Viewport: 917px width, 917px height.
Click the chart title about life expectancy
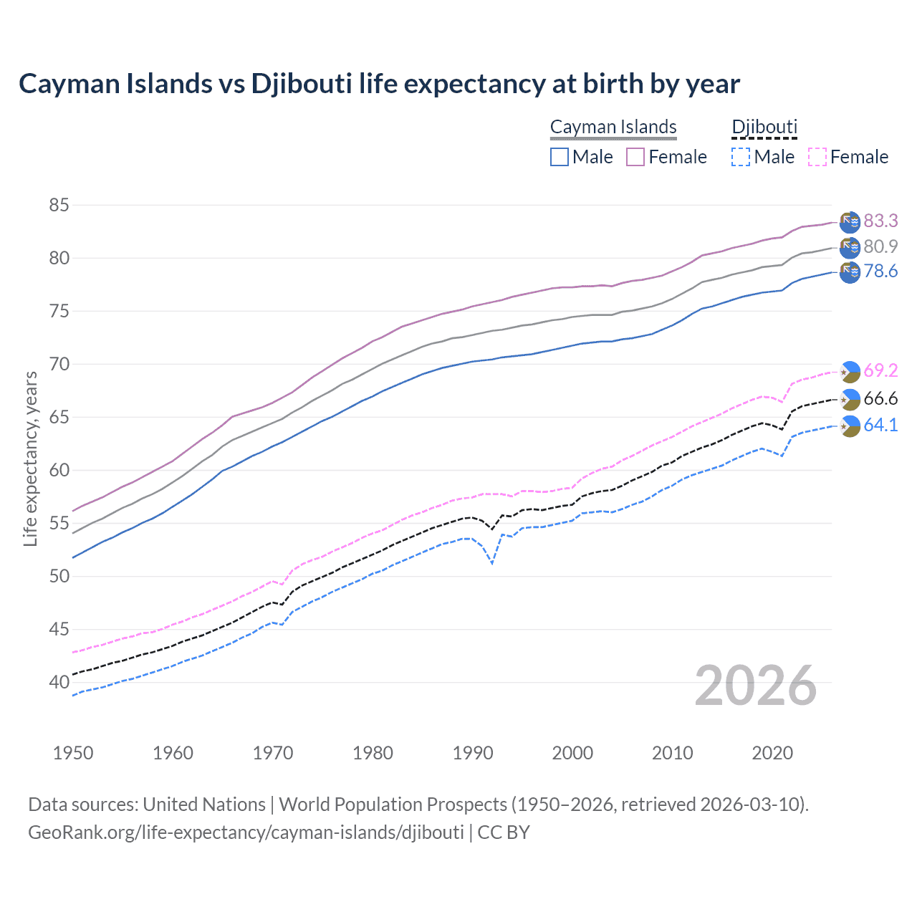[379, 84]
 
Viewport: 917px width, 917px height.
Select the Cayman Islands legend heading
[613, 127]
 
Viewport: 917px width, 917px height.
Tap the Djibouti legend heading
[764, 127]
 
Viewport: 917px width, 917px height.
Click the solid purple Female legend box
[635, 157]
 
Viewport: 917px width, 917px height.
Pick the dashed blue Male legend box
[741, 157]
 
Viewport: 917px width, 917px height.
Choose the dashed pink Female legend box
[817, 157]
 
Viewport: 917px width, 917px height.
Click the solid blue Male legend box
[560, 157]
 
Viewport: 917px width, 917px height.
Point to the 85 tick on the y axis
[59, 206]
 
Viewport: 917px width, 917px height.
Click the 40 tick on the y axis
[59, 682]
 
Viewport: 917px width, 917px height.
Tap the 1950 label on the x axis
[73, 753]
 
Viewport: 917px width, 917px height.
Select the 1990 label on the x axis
[473, 753]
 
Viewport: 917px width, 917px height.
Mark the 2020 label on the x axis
[772, 753]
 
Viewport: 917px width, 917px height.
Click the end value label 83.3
[880, 221]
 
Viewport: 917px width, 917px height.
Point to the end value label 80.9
[880, 246]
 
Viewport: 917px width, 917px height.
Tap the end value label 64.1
[880, 425]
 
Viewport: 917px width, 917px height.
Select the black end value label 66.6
[880, 399]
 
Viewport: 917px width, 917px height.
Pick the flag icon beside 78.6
[850, 272]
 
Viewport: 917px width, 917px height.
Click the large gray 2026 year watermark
[756, 686]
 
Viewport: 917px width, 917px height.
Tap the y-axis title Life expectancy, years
[31, 458]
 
